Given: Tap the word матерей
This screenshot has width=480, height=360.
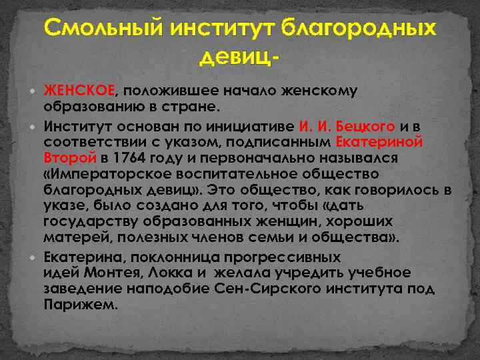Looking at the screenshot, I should pos(69,238).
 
